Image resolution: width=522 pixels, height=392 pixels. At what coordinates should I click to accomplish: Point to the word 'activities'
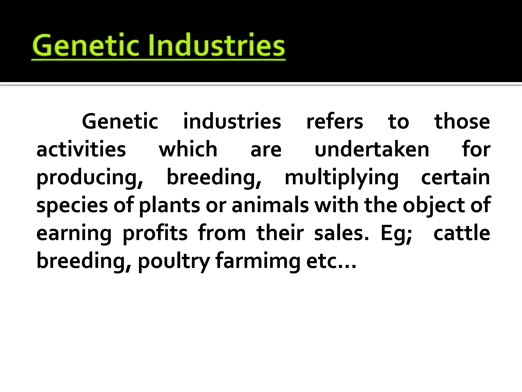tap(81, 150)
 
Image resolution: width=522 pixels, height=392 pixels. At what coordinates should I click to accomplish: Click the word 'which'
tap(188, 150)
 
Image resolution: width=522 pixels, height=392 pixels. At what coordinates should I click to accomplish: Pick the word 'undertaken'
tap(372, 150)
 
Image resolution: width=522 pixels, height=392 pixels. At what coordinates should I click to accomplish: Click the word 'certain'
tap(455, 178)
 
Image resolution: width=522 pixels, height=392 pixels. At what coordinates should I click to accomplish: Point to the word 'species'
tap(72, 206)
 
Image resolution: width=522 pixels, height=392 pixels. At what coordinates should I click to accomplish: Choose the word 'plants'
tap(169, 206)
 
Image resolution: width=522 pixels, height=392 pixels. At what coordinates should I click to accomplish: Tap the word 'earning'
tap(74, 234)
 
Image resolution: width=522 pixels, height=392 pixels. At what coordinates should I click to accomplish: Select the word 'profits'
tap(155, 233)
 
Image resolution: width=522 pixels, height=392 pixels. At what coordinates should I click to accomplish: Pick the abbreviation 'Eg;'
tap(396, 234)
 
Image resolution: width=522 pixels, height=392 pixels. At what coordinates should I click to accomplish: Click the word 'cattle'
tap(462, 233)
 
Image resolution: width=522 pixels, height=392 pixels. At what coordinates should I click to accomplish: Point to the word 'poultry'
tap(174, 262)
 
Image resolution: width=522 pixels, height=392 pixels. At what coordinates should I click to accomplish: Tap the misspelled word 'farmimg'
tap(258, 262)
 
